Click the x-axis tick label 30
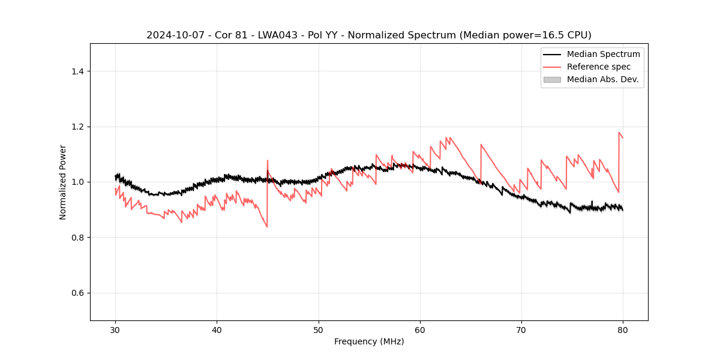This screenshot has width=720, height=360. click(x=115, y=329)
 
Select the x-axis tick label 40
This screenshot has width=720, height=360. click(x=217, y=329)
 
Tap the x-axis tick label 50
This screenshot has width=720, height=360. click(x=319, y=329)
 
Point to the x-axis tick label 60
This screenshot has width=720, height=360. click(x=420, y=329)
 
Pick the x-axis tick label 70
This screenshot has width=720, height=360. click(x=521, y=329)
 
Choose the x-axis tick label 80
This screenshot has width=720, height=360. click(x=623, y=329)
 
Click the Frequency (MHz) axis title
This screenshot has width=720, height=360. click(x=369, y=341)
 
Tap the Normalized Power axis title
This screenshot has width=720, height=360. click(x=62, y=182)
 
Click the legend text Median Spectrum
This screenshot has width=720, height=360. click(x=603, y=54)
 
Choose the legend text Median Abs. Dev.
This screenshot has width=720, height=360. click(x=602, y=79)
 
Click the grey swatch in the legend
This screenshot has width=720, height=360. click(x=552, y=79)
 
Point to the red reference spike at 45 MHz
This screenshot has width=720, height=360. click(x=268, y=161)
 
